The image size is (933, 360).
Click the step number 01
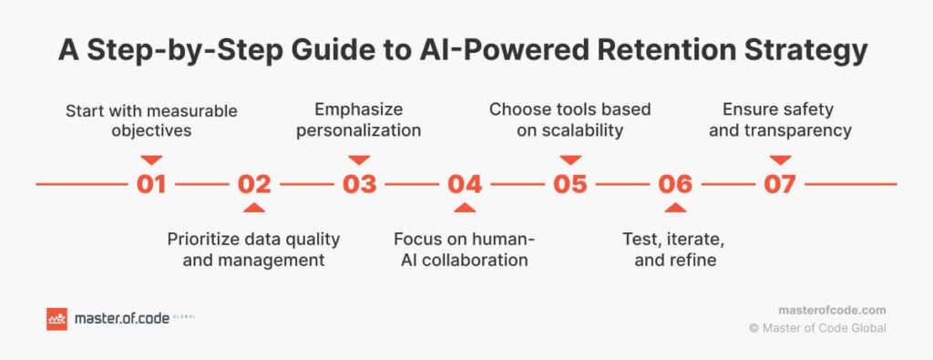pos(151,184)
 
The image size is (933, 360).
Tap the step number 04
pos(465,184)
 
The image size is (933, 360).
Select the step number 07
pos(780,184)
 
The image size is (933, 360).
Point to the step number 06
pos(675,184)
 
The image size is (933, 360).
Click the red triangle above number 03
pos(359,159)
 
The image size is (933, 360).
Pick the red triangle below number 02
pos(255,208)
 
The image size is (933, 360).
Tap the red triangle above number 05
pos(570,159)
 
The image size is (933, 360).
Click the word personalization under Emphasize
pos(359,130)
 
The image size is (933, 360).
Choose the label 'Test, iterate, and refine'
pos(675,250)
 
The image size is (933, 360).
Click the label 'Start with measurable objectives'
pos(151,120)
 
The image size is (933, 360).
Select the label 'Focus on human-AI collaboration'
pos(464,250)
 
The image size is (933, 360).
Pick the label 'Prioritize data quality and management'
pos(254,250)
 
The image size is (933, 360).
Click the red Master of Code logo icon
pos(56,319)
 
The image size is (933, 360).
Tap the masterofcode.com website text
pos(832,311)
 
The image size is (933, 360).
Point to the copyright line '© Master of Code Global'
pos(817,328)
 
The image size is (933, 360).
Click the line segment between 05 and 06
pos(622,184)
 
